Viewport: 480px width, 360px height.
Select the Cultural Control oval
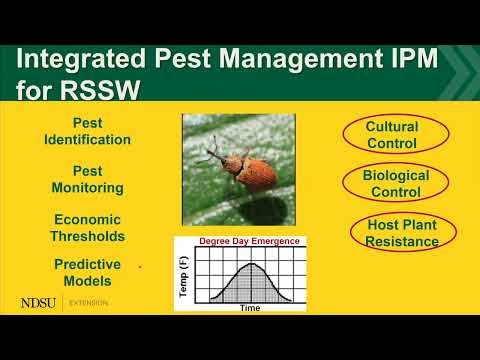coord(392,136)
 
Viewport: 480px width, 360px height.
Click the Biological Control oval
coord(395,183)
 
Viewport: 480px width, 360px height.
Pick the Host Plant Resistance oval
coord(403,232)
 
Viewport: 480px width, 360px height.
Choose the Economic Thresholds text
coord(87,228)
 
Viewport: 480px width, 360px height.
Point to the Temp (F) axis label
coord(183,275)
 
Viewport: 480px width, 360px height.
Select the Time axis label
coord(250,307)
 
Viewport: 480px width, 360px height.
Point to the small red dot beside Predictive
coord(139,267)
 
